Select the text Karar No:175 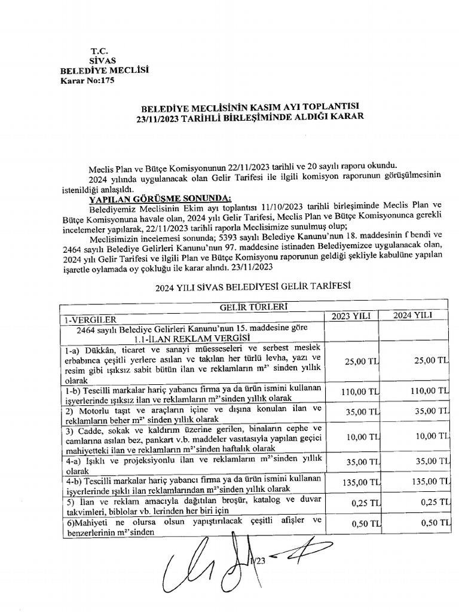pos(87,81)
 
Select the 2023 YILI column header pos(353,315)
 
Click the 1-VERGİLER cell pos(91,319)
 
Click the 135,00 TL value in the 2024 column pos(427,482)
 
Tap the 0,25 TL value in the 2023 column pos(366,502)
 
